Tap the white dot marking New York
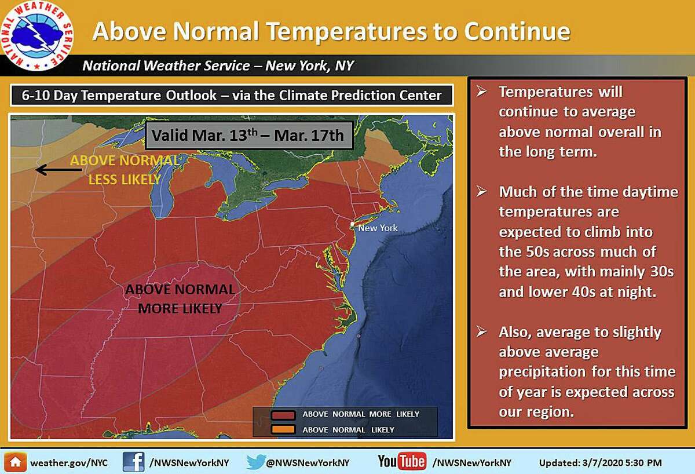coord(352,224)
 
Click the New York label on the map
coord(378,228)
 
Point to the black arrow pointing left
coord(59,170)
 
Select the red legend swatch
coord(283,415)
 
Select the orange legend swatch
coord(283,429)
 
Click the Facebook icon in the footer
coord(133,462)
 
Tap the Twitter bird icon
coord(255,462)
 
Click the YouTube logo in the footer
coord(402,462)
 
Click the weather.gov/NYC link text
coord(69,463)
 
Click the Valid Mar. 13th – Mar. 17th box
coord(249,136)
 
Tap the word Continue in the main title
coord(517,31)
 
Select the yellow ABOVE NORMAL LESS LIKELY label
coord(125,170)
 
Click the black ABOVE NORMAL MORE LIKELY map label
coord(180,299)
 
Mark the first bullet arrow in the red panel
coord(482,91)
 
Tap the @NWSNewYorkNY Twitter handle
coord(308,463)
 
